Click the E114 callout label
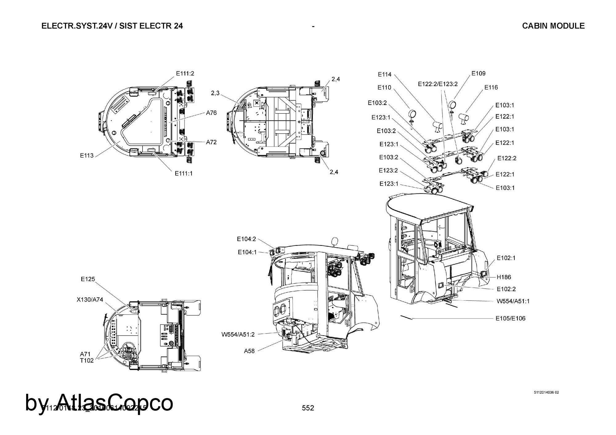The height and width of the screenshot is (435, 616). point(385,74)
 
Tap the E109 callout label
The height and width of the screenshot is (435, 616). point(478,73)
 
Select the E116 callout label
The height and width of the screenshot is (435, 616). point(491,87)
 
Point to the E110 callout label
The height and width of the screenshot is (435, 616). point(384,88)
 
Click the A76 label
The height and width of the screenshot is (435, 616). point(211,113)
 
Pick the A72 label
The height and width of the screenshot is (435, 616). point(211,142)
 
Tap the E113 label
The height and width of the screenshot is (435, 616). point(87,155)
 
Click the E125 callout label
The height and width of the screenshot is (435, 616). point(88,279)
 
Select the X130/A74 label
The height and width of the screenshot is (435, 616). point(90,300)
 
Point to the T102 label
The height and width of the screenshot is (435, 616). point(87,361)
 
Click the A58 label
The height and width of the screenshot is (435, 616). point(249,351)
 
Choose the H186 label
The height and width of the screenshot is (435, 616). point(504,277)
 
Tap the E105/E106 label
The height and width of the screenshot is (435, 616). point(510,318)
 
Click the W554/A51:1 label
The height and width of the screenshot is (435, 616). point(513,301)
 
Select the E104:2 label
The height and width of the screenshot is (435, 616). point(246,239)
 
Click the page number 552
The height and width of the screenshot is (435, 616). point(308,408)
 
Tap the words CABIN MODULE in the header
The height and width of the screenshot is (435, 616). point(553,26)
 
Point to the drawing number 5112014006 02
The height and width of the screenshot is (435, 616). point(546,393)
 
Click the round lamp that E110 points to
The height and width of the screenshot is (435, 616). point(412,114)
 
